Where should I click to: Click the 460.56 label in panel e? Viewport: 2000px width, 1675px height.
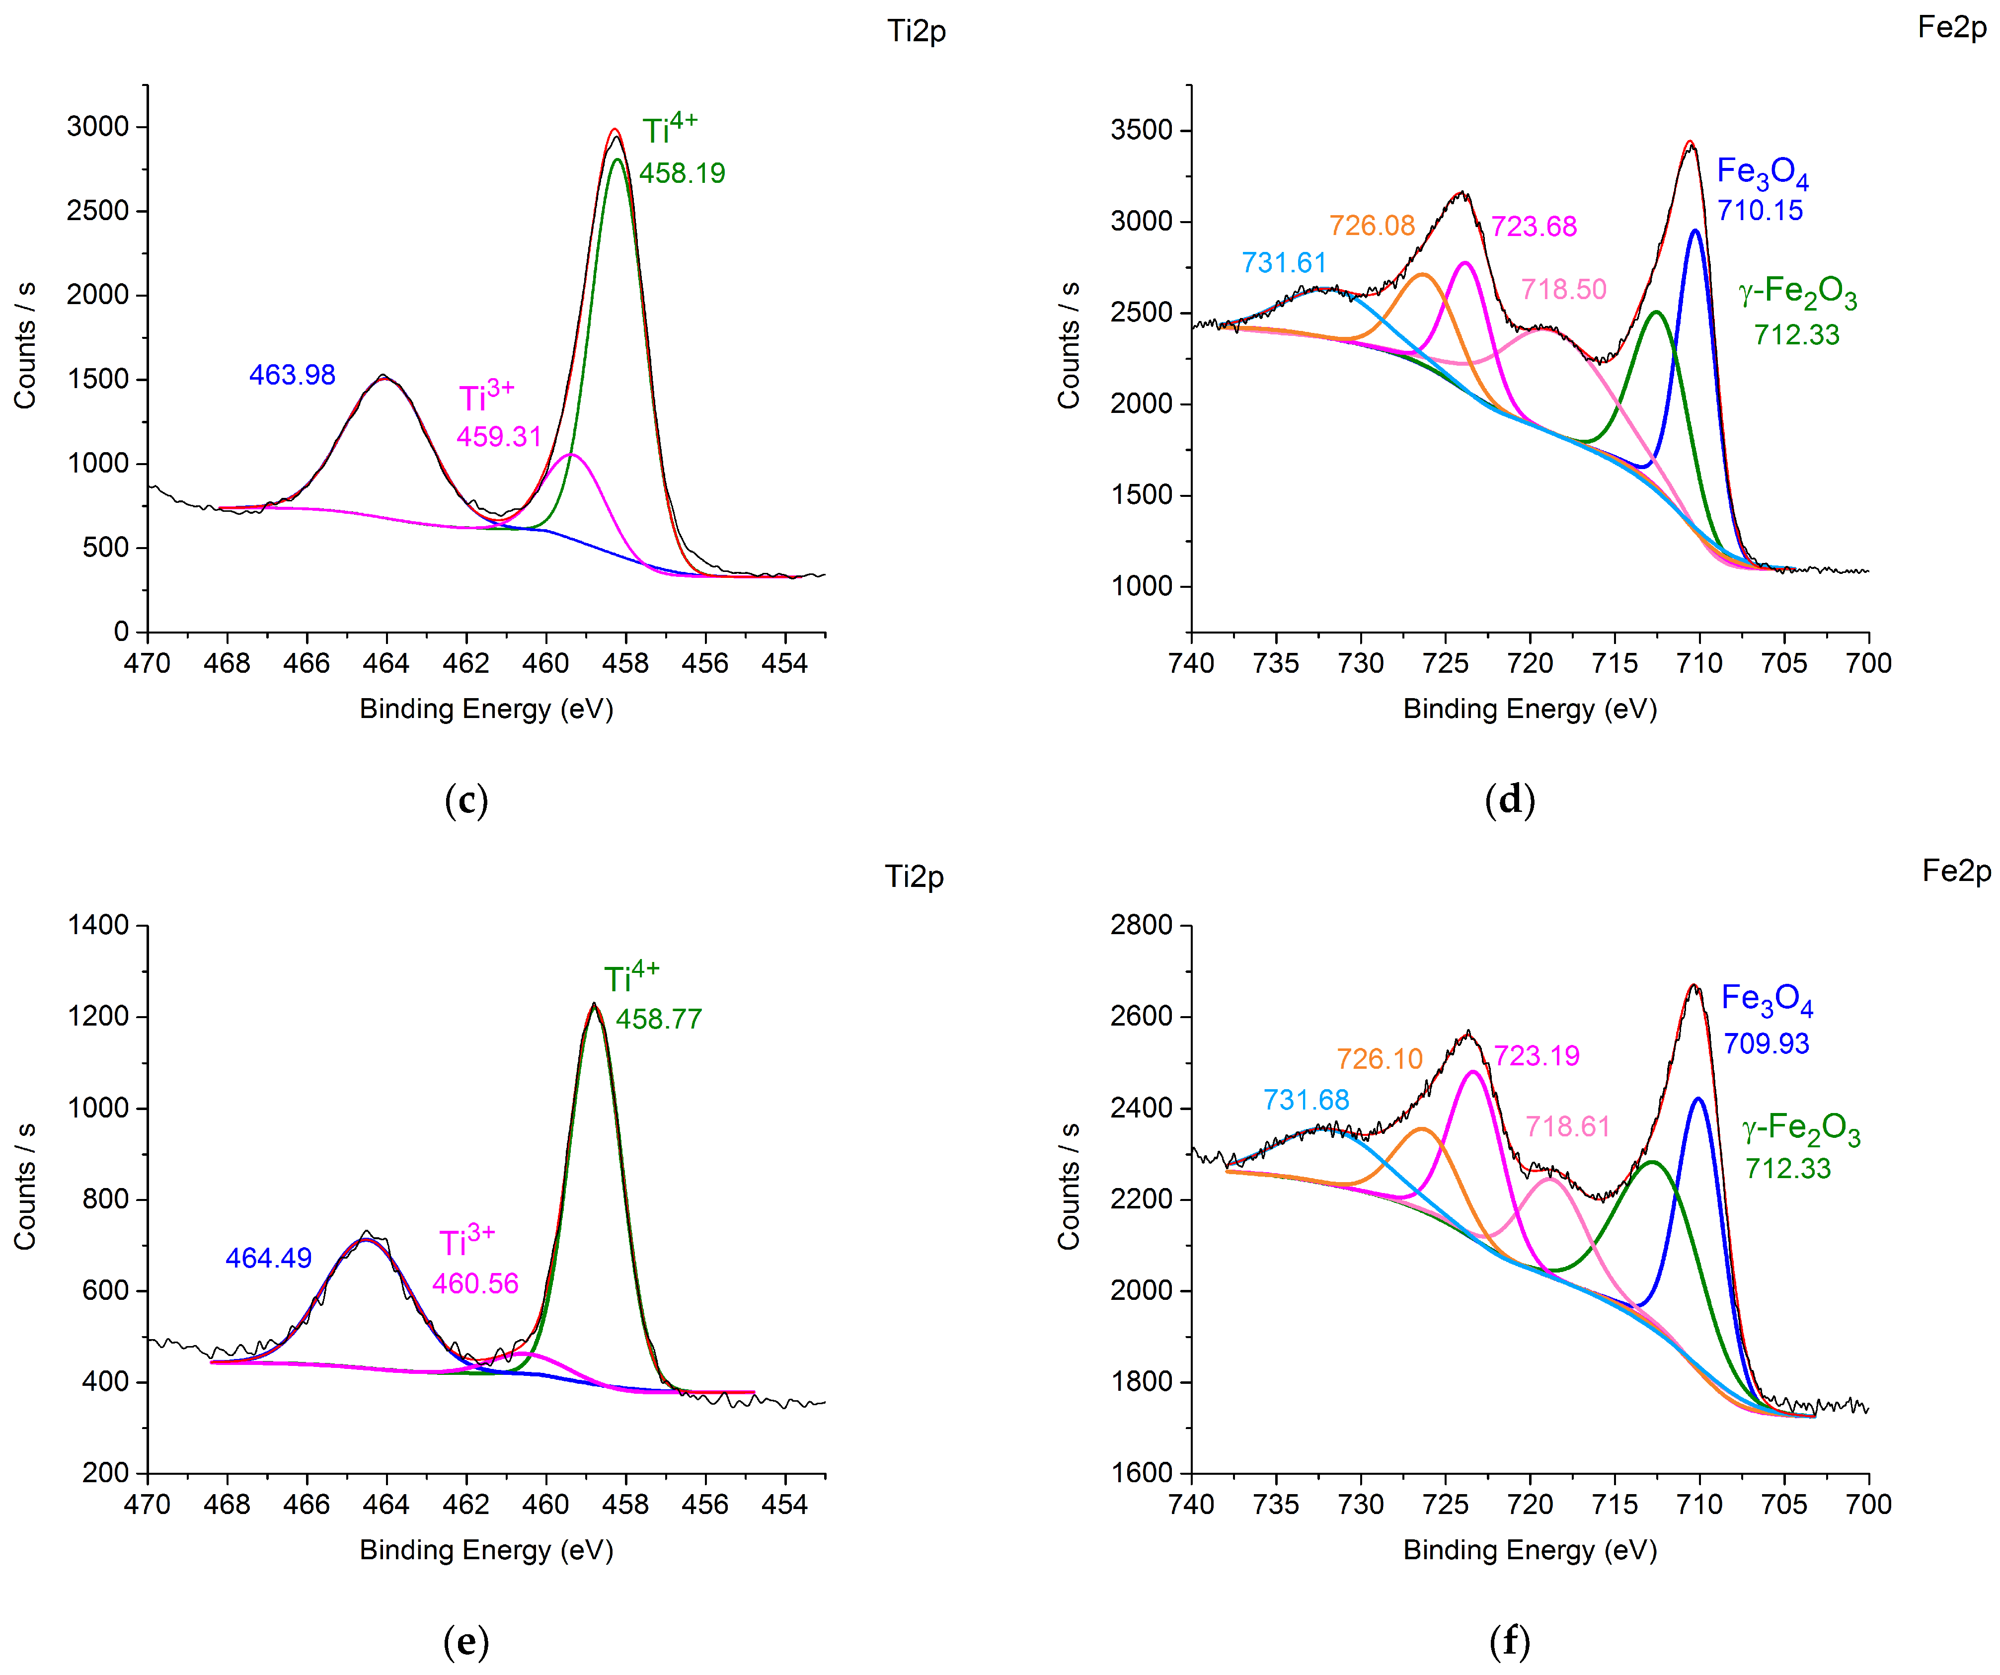[x=475, y=1283]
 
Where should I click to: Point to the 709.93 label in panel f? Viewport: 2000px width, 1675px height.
[x=1766, y=1043]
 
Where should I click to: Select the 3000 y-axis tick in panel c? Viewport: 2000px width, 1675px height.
[x=97, y=127]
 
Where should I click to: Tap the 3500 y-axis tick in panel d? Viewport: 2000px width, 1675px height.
[x=1141, y=130]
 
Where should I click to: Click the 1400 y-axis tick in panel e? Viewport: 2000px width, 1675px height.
[x=97, y=925]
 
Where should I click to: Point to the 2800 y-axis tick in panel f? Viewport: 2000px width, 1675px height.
[x=1141, y=925]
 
